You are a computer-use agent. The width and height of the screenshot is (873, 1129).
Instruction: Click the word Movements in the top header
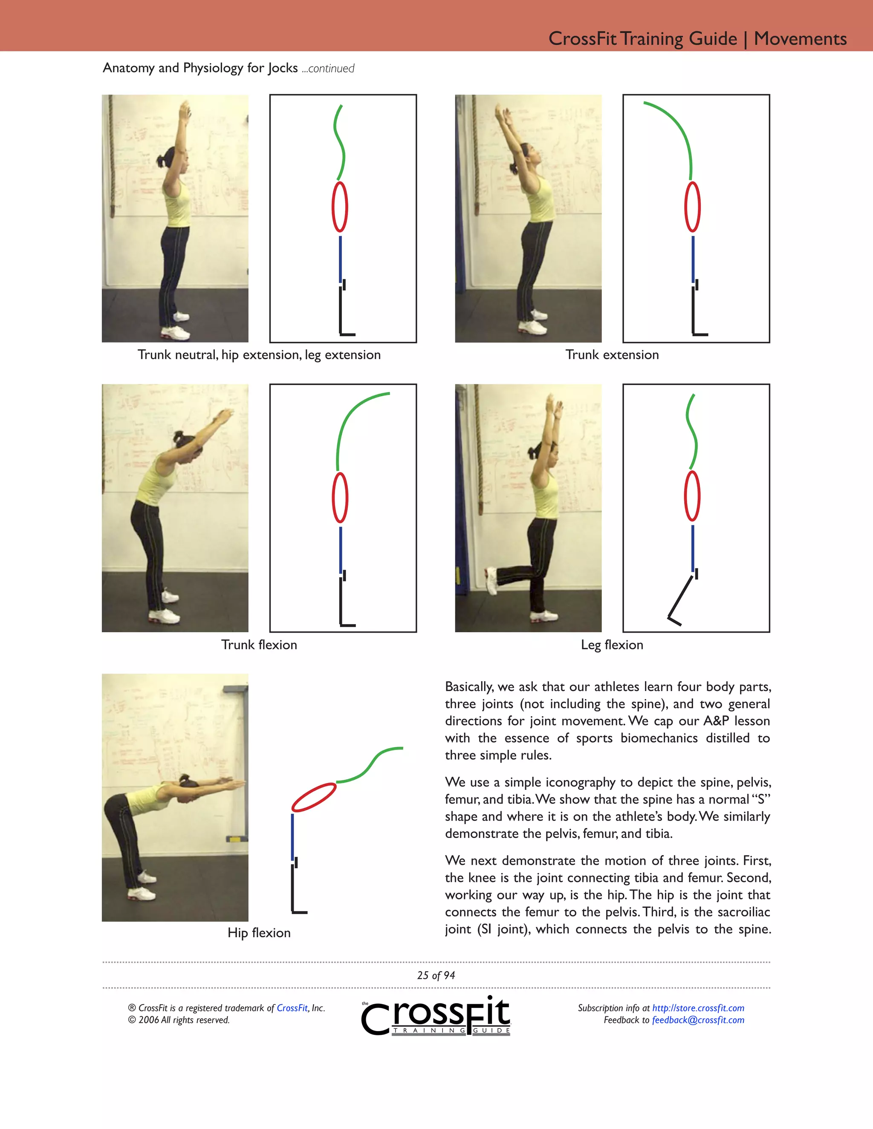(800, 39)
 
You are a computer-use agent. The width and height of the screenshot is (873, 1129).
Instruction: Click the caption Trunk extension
(612, 354)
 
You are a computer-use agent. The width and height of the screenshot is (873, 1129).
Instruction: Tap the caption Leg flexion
(612, 645)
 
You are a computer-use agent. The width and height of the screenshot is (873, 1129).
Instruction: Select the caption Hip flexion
(259, 933)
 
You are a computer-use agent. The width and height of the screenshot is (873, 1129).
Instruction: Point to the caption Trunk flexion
(259, 645)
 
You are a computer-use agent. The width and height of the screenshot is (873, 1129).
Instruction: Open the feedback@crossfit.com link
(698, 1020)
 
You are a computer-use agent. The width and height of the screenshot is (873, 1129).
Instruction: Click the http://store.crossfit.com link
(698, 1008)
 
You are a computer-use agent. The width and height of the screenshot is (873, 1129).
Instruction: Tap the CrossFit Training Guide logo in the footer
(436, 1016)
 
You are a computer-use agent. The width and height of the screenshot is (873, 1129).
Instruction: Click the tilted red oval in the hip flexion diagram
(314, 797)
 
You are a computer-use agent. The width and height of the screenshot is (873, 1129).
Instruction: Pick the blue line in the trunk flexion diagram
(340, 549)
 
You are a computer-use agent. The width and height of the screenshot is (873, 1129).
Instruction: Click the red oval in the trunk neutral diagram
(340, 207)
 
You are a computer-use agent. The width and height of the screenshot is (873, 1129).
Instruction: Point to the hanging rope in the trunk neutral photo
(110, 155)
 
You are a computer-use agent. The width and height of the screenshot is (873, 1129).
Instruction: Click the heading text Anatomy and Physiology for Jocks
(200, 68)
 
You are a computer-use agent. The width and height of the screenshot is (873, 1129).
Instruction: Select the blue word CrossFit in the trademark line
(292, 1008)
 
